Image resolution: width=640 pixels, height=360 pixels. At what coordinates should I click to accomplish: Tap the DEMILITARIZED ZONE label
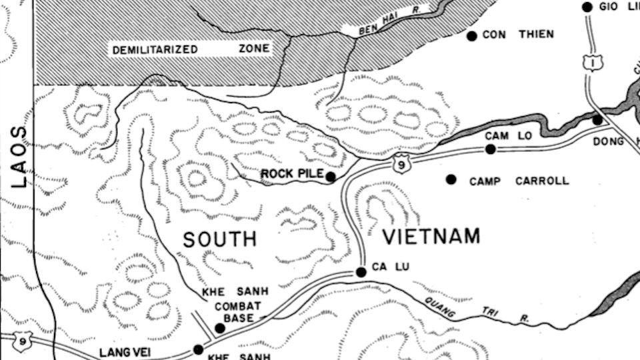pos(191,49)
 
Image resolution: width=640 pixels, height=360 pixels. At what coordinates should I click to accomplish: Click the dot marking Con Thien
pos(471,35)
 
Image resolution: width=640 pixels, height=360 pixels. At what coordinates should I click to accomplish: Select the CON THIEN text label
pos(518,35)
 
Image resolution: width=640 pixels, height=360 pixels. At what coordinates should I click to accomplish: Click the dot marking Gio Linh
pos(587,7)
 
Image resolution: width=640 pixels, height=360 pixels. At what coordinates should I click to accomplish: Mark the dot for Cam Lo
pos(491,149)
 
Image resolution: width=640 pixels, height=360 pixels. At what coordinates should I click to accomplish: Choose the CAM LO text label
pos(508,135)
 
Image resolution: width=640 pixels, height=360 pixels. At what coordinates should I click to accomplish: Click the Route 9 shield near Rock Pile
pos(400,163)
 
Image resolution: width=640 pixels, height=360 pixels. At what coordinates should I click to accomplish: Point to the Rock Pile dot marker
pos(331,177)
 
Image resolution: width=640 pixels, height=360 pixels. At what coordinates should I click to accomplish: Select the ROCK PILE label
pos(292,174)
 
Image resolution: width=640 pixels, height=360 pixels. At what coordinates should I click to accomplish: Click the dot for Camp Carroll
pos(451,179)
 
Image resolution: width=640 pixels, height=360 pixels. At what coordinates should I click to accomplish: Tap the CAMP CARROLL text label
pos(519,181)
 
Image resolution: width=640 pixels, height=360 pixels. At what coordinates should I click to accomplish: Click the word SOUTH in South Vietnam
pos(220,239)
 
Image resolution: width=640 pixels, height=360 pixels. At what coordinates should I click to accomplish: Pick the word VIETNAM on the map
pos(431,236)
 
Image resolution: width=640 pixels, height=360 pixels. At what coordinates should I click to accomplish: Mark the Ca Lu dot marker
pos(361,272)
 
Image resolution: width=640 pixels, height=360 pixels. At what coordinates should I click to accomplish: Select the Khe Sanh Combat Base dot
pos(219,327)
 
